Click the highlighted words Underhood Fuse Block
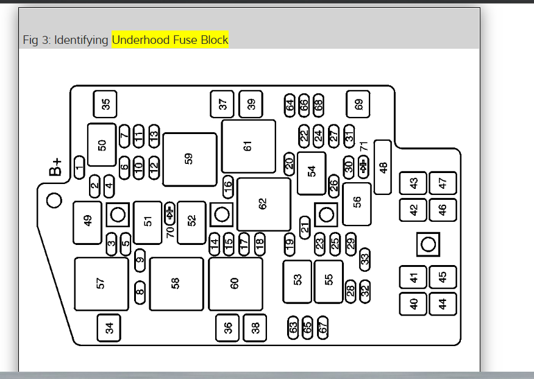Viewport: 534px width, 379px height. click(x=170, y=40)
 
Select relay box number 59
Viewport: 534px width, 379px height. click(x=190, y=160)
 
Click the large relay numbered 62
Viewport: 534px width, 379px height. click(x=264, y=204)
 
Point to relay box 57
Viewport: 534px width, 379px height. click(x=102, y=283)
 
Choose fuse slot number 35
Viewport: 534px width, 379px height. click(x=105, y=104)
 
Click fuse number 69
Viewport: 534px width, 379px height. click(x=358, y=104)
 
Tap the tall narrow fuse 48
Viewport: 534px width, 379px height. click(x=383, y=167)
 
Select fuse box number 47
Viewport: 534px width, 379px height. click(x=443, y=182)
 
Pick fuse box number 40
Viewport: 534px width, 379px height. click(x=414, y=304)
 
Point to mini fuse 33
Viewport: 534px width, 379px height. click(x=365, y=258)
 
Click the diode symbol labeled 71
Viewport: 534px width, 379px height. click(x=363, y=166)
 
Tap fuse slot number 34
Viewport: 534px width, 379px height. click(x=109, y=328)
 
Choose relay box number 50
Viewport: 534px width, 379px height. click(x=102, y=144)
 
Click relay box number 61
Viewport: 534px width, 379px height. click(x=248, y=146)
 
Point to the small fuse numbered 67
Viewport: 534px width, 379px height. click(x=323, y=327)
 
